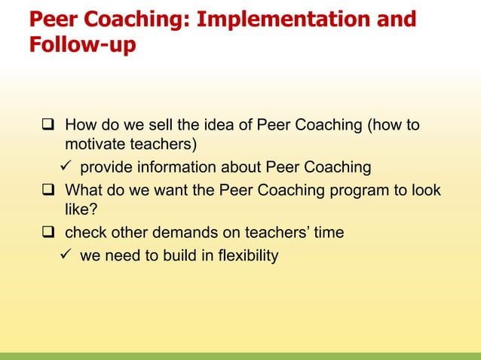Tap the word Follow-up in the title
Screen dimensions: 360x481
(x=82, y=45)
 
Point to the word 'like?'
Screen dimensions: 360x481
(x=82, y=211)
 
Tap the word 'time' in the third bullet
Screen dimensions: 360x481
(x=329, y=233)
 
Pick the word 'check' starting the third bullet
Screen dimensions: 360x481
(x=86, y=233)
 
